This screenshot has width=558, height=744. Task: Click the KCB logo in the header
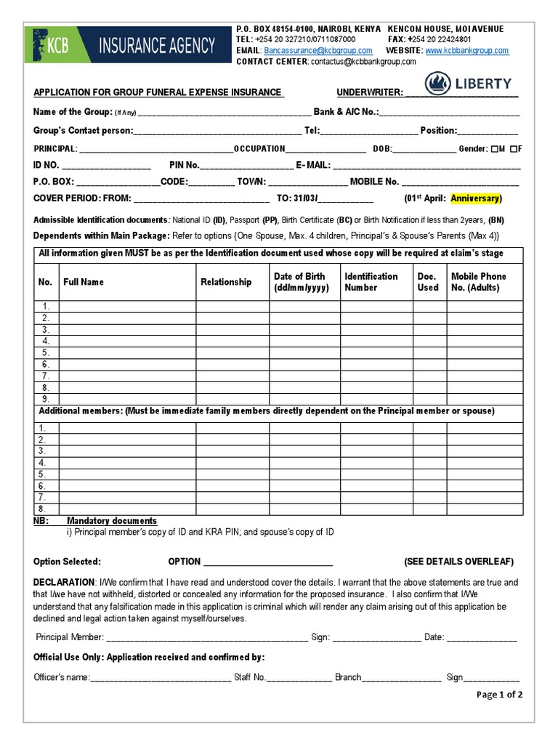[49, 45]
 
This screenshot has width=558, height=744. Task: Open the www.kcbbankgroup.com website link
[466, 51]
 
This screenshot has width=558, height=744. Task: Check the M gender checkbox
[494, 149]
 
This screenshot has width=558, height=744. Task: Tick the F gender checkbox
[513, 149]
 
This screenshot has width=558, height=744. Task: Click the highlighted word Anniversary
[475, 198]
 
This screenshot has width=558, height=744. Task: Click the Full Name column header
[84, 282]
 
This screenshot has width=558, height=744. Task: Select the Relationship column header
[226, 282]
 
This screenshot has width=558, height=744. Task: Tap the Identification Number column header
[371, 282]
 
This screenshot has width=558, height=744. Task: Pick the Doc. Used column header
[428, 282]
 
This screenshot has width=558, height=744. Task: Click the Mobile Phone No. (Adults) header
[479, 282]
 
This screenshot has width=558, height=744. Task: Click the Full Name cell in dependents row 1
[127, 307]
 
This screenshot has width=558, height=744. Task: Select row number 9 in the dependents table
[46, 399]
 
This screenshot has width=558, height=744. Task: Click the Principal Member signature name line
[206, 638]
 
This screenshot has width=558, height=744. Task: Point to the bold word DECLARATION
[64, 583]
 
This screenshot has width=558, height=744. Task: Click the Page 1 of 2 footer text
[499, 695]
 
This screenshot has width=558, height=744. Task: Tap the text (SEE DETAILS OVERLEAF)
[458, 562]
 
